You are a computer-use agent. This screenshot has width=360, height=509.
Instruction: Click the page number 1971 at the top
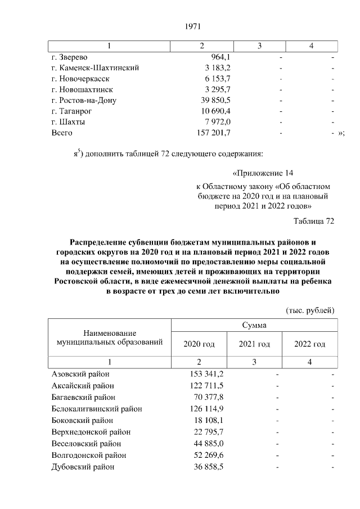[x=193, y=26]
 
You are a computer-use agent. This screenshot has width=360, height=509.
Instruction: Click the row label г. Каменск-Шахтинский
[x=95, y=67]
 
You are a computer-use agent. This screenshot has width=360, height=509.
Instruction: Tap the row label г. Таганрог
[x=70, y=111]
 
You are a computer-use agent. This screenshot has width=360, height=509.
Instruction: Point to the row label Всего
[x=62, y=133]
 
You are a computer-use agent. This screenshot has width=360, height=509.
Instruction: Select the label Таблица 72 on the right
[x=314, y=221]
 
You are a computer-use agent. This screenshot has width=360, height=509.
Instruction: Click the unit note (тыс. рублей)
[x=310, y=310]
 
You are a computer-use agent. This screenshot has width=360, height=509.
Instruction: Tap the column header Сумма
[x=254, y=325]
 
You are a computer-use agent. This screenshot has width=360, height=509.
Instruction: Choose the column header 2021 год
[x=254, y=344]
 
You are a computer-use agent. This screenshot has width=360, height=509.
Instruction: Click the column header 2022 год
[x=310, y=344]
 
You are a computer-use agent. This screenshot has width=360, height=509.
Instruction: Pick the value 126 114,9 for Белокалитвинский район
[x=206, y=409]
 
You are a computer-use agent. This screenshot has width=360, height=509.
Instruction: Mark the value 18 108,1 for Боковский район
[x=209, y=420]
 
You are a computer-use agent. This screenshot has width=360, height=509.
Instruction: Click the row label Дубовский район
[x=83, y=467]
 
